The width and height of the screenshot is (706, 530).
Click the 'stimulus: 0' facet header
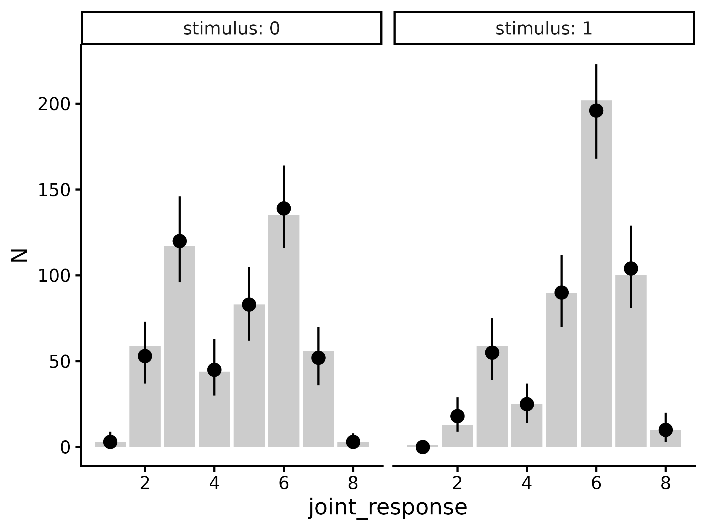click(x=232, y=29)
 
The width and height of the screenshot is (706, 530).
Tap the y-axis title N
click(x=19, y=255)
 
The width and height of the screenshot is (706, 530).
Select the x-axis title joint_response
click(x=387, y=508)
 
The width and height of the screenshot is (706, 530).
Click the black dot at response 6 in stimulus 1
click(x=596, y=110)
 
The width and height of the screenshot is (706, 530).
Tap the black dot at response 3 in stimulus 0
click(x=180, y=241)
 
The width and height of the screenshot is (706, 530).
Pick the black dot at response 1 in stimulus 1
click(x=423, y=447)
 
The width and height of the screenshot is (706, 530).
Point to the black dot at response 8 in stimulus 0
click(x=353, y=442)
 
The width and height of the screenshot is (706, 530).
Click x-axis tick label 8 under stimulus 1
click(x=665, y=483)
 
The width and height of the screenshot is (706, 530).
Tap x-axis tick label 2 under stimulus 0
click(x=145, y=483)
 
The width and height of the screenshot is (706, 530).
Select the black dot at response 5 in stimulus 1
click(x=561, y=292)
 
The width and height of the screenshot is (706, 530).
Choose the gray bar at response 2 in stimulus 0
click(x=145, y=403)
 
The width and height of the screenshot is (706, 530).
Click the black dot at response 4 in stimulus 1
click(x=527, y=404)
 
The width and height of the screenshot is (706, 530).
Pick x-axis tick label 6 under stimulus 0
click(x=284, y=483)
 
